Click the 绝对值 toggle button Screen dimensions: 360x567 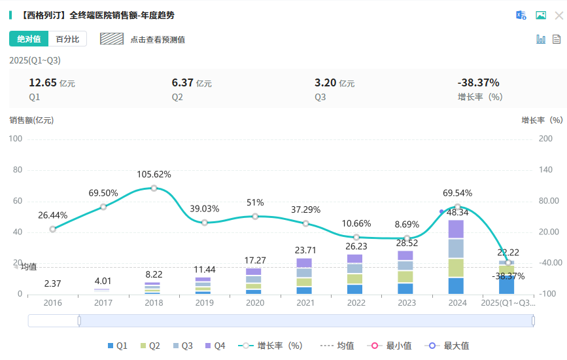point(29,39)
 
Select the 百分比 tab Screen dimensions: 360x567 point(67,39)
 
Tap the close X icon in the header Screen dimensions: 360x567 point(558,15)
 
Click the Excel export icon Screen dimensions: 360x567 point(521,15)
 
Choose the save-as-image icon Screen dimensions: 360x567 point(541,15)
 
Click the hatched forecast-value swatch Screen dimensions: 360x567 point(112,39)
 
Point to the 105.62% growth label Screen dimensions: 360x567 point(154,175)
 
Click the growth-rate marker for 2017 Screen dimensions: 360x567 point(103,207)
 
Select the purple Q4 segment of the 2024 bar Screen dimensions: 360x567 point(456,229)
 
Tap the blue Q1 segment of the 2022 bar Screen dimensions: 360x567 point(355,289)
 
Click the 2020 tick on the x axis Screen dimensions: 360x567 point(254,304)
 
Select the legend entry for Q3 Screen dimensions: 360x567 point(183,346)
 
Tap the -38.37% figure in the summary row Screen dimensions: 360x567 point(478,82)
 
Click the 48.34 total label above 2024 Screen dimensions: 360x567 point(457,212)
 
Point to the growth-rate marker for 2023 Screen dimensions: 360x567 point(407,238)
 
